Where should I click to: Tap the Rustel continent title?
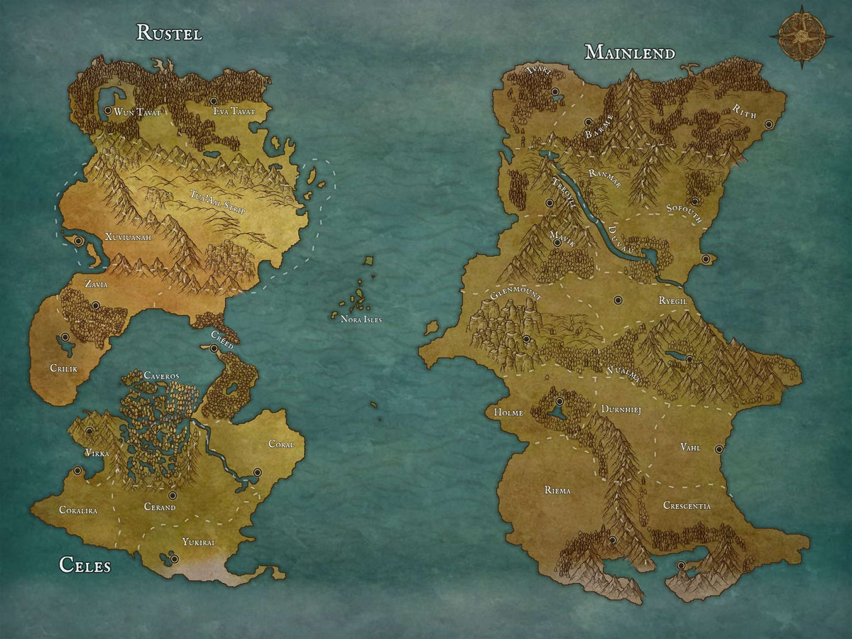click(169, 33)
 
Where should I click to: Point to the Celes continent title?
click(84, 565)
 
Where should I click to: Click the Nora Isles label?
click(361, 319)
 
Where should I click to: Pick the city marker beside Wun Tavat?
click(107, 111)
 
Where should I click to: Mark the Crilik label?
click(63, 368)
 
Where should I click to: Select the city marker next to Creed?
click(214, 348)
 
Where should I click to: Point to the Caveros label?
click(161, 375)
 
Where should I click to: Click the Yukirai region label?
click(198, 542)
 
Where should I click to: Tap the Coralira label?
click(78, 510)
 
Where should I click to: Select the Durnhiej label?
click(621, 410)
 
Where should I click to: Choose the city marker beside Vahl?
click(719, 449)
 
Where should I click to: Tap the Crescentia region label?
click(687, 506)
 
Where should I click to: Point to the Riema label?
click(557, 491)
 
